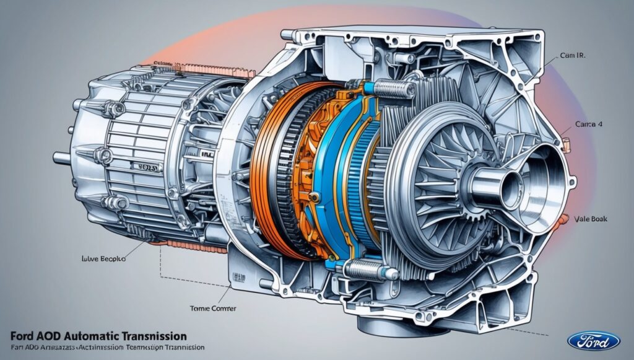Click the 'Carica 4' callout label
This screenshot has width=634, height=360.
click(x=589, y=125)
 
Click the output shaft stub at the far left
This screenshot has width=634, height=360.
click(x=61, y=158)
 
